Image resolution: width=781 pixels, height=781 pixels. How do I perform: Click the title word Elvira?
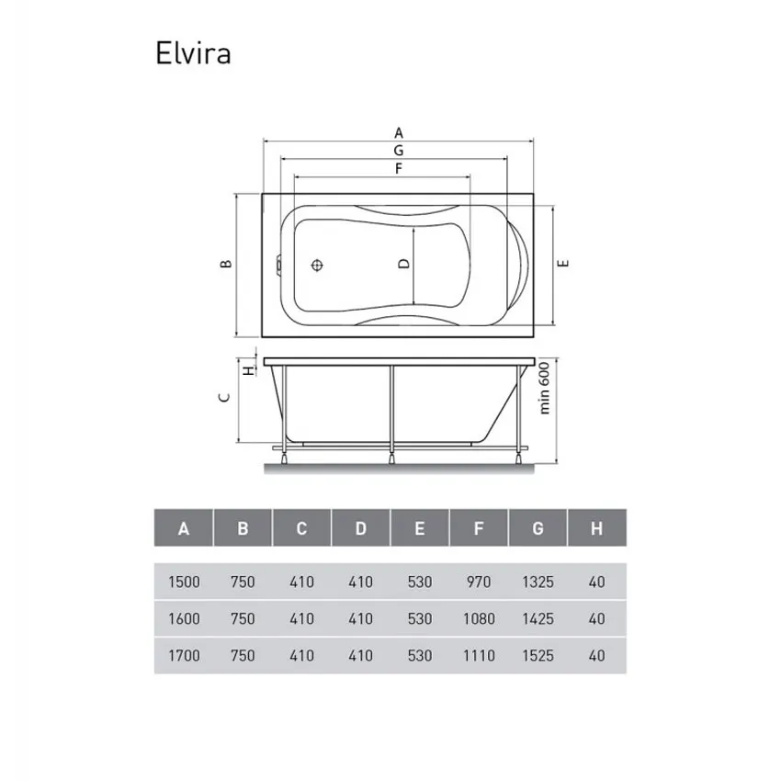[192, 53]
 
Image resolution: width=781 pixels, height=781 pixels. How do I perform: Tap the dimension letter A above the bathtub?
[399, 132]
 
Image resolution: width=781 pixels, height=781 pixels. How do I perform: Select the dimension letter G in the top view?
[399, 150]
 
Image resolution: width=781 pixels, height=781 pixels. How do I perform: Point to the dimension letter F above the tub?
[399, 168]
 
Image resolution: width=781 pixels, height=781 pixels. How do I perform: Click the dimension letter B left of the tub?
[226, 265]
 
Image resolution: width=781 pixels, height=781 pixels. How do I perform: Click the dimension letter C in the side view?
[224, 398]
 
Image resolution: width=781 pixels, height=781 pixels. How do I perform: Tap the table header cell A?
[184, 528]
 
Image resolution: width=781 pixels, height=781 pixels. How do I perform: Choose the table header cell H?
[597, 528]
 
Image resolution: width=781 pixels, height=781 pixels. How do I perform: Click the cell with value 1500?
[184, 582]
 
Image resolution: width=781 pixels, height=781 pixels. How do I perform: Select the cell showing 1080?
[479, 618]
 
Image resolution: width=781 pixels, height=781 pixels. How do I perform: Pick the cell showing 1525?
[538, 655]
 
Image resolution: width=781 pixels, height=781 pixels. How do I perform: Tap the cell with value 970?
[479, 582]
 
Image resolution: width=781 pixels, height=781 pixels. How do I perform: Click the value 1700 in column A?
[184, 655]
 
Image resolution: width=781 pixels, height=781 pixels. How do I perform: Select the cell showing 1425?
[538, 618]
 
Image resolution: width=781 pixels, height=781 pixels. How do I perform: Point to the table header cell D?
[361, 528]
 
